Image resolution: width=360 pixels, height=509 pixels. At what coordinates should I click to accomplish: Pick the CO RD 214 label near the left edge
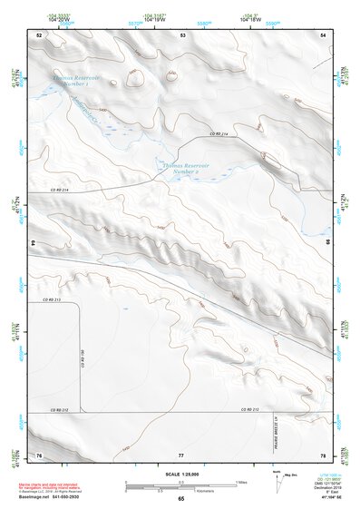pos(60,189)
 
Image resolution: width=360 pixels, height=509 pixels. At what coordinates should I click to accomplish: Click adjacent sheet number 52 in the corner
pos(39,34)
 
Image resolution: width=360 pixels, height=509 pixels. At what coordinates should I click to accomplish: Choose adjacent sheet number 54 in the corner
pos(324,34)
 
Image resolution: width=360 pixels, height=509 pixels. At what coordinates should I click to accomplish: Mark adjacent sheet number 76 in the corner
pos(39,454)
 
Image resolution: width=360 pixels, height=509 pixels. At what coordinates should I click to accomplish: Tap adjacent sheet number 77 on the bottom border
pos(181,454)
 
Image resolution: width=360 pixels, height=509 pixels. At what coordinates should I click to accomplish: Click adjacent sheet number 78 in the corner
pos(324,454)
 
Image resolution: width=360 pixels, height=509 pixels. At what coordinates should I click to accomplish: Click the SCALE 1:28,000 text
pos(180,474)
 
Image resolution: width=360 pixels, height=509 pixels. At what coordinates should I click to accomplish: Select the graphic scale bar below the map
pos(180,486)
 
